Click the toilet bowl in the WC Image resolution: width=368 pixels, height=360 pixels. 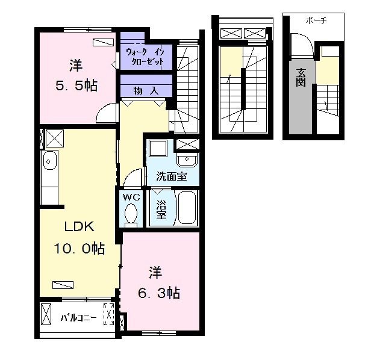pyautogui.click(x=131, y=214)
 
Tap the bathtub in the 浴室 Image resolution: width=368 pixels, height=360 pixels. pyautogui.click(x=187, y=208)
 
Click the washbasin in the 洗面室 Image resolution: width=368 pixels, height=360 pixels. pyautogui.click(x=187, y=160)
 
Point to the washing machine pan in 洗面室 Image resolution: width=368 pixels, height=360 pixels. pyautogui.click(x=158, y=148)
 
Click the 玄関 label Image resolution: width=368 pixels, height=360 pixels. pyautogui.click(x=301, y=78)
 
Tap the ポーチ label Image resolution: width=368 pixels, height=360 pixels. pyautogui.click(x=316, y=20)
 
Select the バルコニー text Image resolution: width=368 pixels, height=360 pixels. pyautogui.click(x=79, y=318)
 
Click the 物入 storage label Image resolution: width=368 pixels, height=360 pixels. pyautogui.click(x=146, y=90)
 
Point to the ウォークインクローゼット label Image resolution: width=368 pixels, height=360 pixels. pyautogui.click(x=145, y=57)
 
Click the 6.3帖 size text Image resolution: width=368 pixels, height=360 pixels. pyautogui.click(x=159, y=293)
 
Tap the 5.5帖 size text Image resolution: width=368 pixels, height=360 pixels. pyautogui.click(x=76, y=85)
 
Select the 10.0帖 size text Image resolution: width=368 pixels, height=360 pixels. pyautogui.click(x=80, y=249)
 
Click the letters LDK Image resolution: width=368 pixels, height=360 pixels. pyautogui.click(x=80, y=227)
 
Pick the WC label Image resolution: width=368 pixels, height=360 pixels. pyautogui.click(x=131, y=197)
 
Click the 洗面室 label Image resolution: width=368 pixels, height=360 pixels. pyautogui.click(x=172, y=176)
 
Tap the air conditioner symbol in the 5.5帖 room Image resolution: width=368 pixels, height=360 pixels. pyautogui.click(x=103, y=42)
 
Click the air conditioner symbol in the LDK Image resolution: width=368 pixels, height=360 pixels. pyautogui.click(x=63, y=285)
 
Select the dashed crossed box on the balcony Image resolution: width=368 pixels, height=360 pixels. pyautogui.click(x=109, y=314)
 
